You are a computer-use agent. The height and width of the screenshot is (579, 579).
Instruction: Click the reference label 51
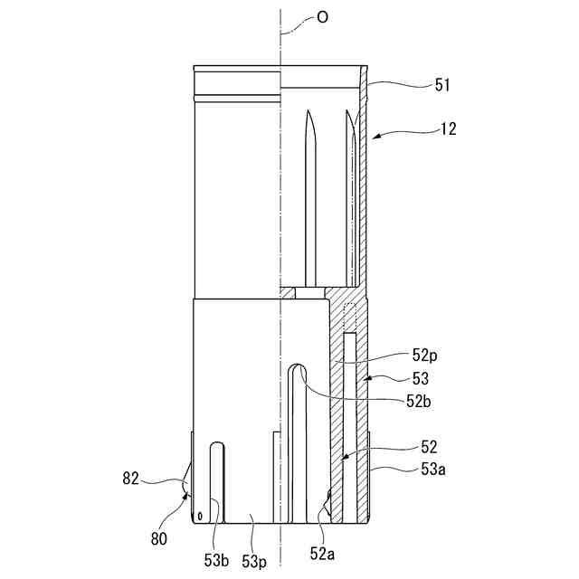click(x=441, y=85)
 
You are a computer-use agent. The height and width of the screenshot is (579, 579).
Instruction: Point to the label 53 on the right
click(x=421, y=378)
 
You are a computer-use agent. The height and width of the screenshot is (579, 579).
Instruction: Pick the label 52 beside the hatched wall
click(x=429, y=446)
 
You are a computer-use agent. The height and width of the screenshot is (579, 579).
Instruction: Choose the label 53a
click(x=433, y=469)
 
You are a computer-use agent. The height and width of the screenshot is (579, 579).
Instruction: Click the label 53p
click(x=254, y=562)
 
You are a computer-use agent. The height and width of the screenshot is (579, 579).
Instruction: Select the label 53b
click(x=217, y=561)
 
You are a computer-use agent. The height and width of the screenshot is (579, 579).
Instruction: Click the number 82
click(x=132, y=478)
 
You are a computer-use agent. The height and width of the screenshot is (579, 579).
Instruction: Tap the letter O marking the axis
click(x=322, y=17)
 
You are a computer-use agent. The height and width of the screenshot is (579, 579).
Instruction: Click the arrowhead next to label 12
click(x=375, y=136)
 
